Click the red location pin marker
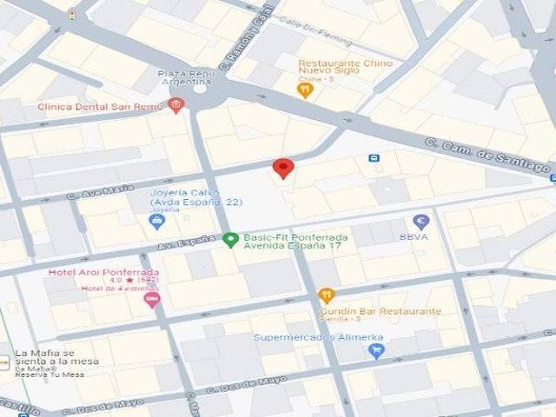282,168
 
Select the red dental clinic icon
176,105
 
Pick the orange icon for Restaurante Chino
304,90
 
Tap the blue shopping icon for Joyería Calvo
157,222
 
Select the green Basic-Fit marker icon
229,239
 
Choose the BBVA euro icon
421,222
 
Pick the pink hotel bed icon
152,300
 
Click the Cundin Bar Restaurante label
380,311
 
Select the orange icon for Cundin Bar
326,295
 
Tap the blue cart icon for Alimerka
375,351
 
